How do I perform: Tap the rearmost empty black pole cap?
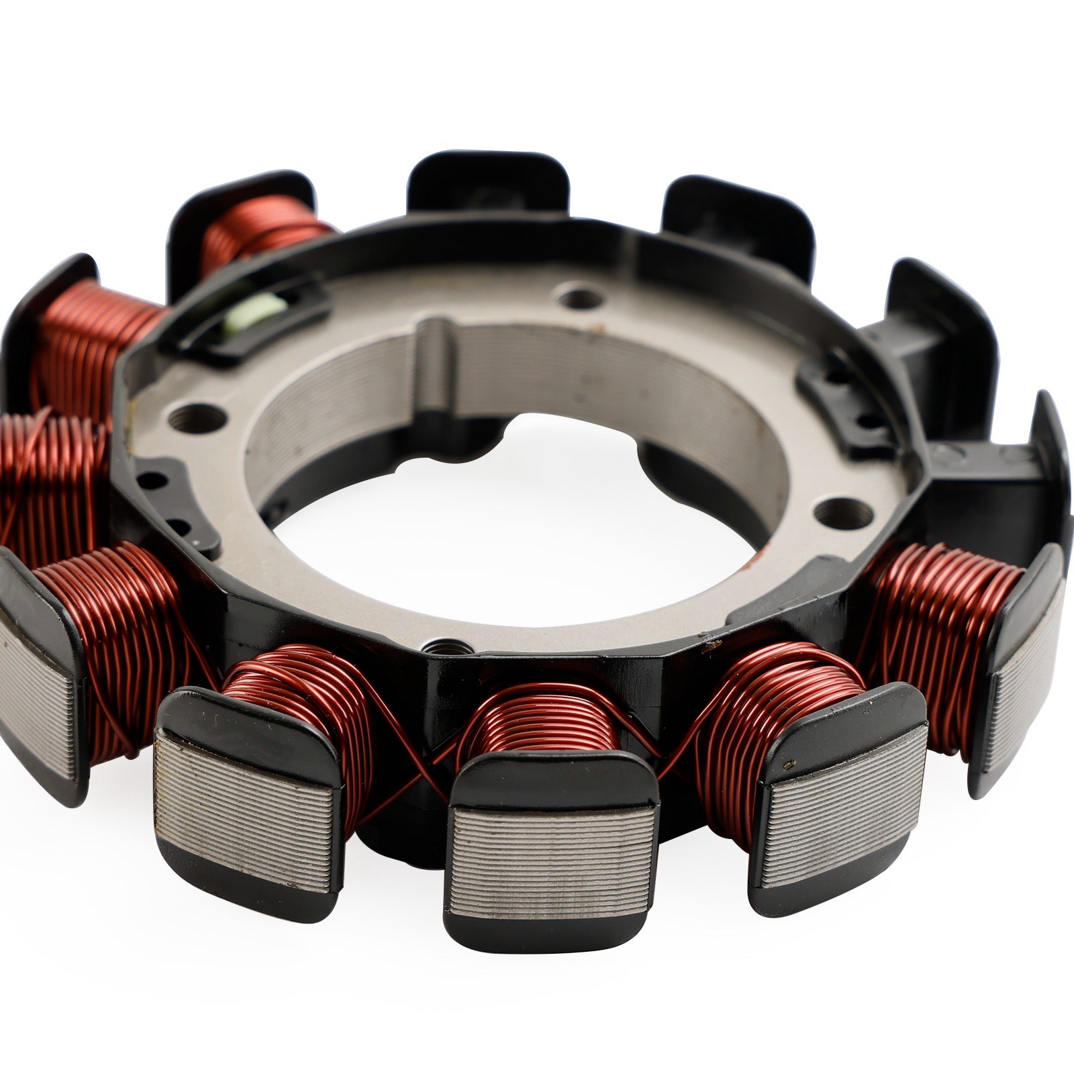[488, 181]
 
